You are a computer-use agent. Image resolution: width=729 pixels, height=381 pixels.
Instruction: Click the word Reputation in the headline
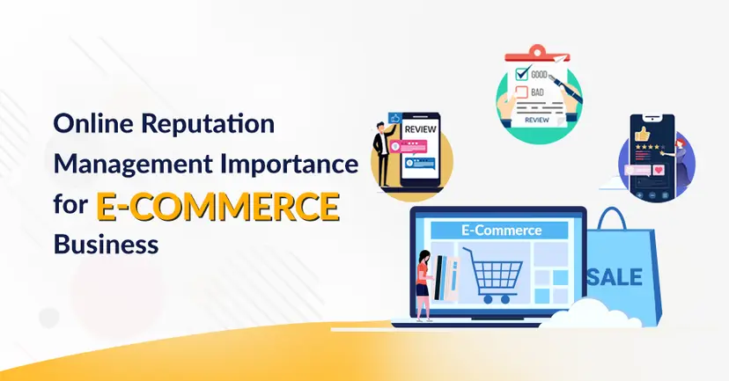[207, 124]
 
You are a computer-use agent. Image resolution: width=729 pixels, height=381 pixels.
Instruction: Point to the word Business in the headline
[107, 243]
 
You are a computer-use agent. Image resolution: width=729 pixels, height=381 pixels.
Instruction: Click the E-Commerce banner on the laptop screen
[501, 231]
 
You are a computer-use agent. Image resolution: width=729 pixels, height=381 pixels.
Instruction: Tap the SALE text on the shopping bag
[616, 278]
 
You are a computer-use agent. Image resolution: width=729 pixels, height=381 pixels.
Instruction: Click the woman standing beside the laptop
[423, 282]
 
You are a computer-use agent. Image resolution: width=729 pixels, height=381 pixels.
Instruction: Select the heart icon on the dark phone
[657, 167]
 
